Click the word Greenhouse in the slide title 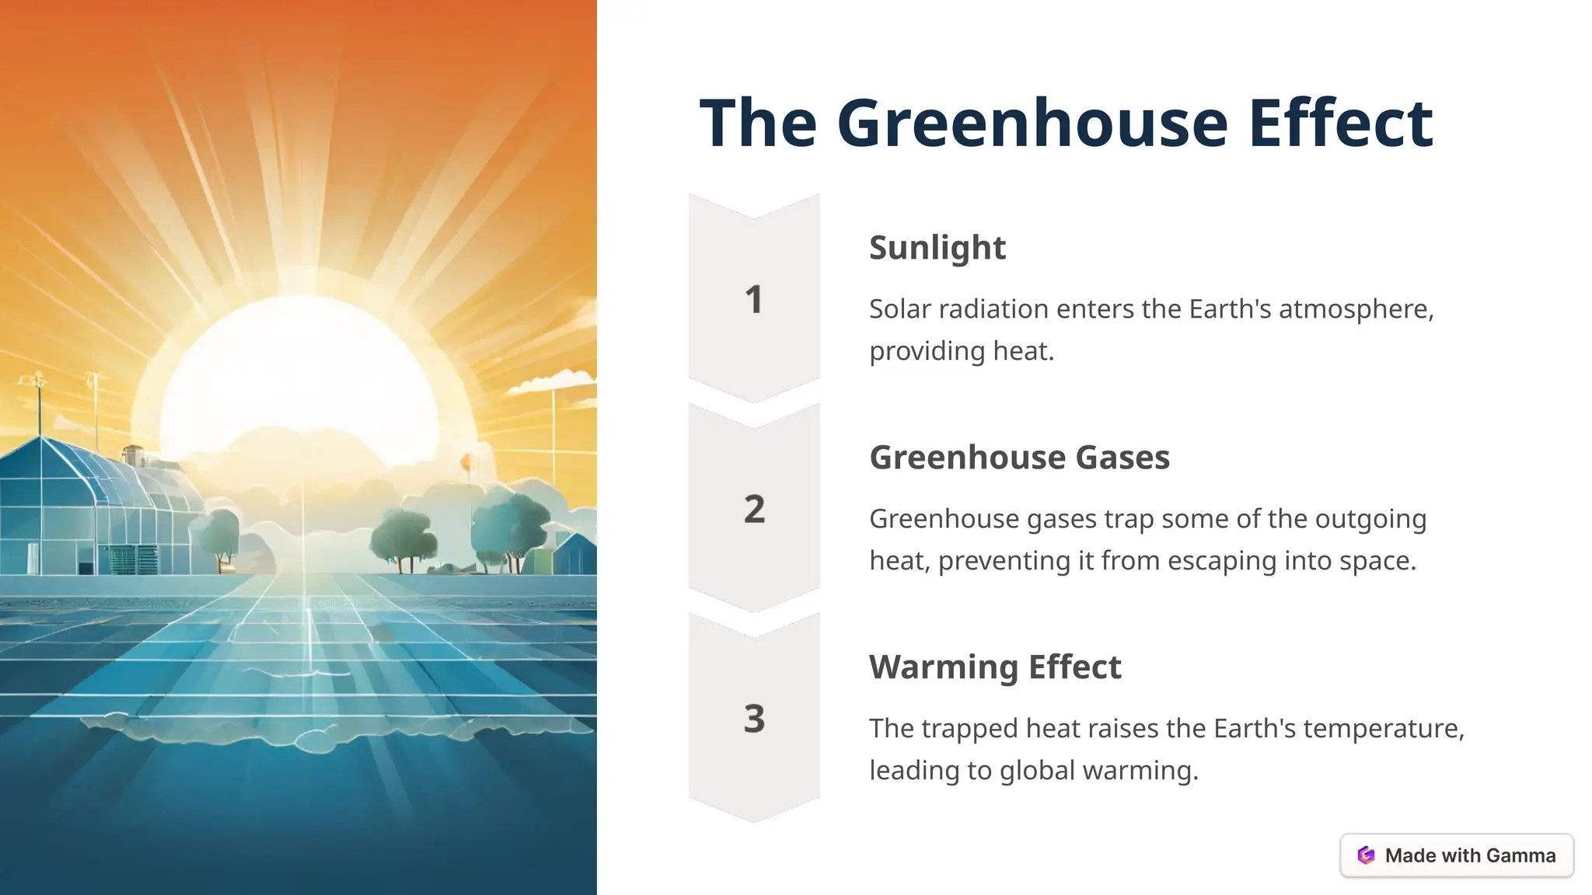[x=1032, y=123]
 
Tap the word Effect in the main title [x=1340, y=123]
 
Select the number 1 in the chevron [x=753, y=300]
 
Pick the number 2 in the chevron [x=754, y=510]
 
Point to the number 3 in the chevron [x=754, y=719]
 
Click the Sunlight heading [x=937, y=248]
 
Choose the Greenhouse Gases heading [x=1019, y=458]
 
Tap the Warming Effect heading [x=995, y=667]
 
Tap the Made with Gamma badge [x=1457, y=855]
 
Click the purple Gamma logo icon [x=1366, y=855]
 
